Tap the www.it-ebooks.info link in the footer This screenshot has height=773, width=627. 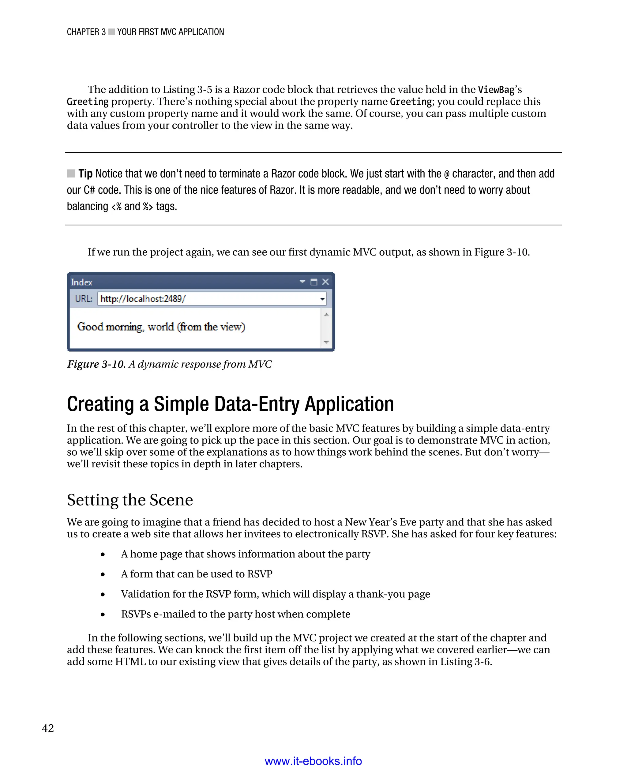[x=313, y=761]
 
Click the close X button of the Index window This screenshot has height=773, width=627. [x=325, y=282]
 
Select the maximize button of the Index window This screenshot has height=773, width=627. [x=314, y=282]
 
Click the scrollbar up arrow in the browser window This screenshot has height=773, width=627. [x=326, y=315]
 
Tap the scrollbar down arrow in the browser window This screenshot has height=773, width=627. [x=326, y=342]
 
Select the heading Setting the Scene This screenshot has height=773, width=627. [x=130, y=500]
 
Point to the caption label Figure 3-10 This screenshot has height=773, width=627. [x=96, y=364]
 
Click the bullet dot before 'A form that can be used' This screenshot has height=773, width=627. [x=103, y=574]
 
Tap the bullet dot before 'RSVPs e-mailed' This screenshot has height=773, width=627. [x=103, y=614]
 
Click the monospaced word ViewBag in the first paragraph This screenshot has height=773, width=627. [x=496, y=90]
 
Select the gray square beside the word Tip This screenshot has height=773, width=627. [x=71, y=174]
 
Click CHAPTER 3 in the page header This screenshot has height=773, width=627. [x=86, y=32]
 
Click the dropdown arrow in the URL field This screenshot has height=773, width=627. [x=322, y=299]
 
